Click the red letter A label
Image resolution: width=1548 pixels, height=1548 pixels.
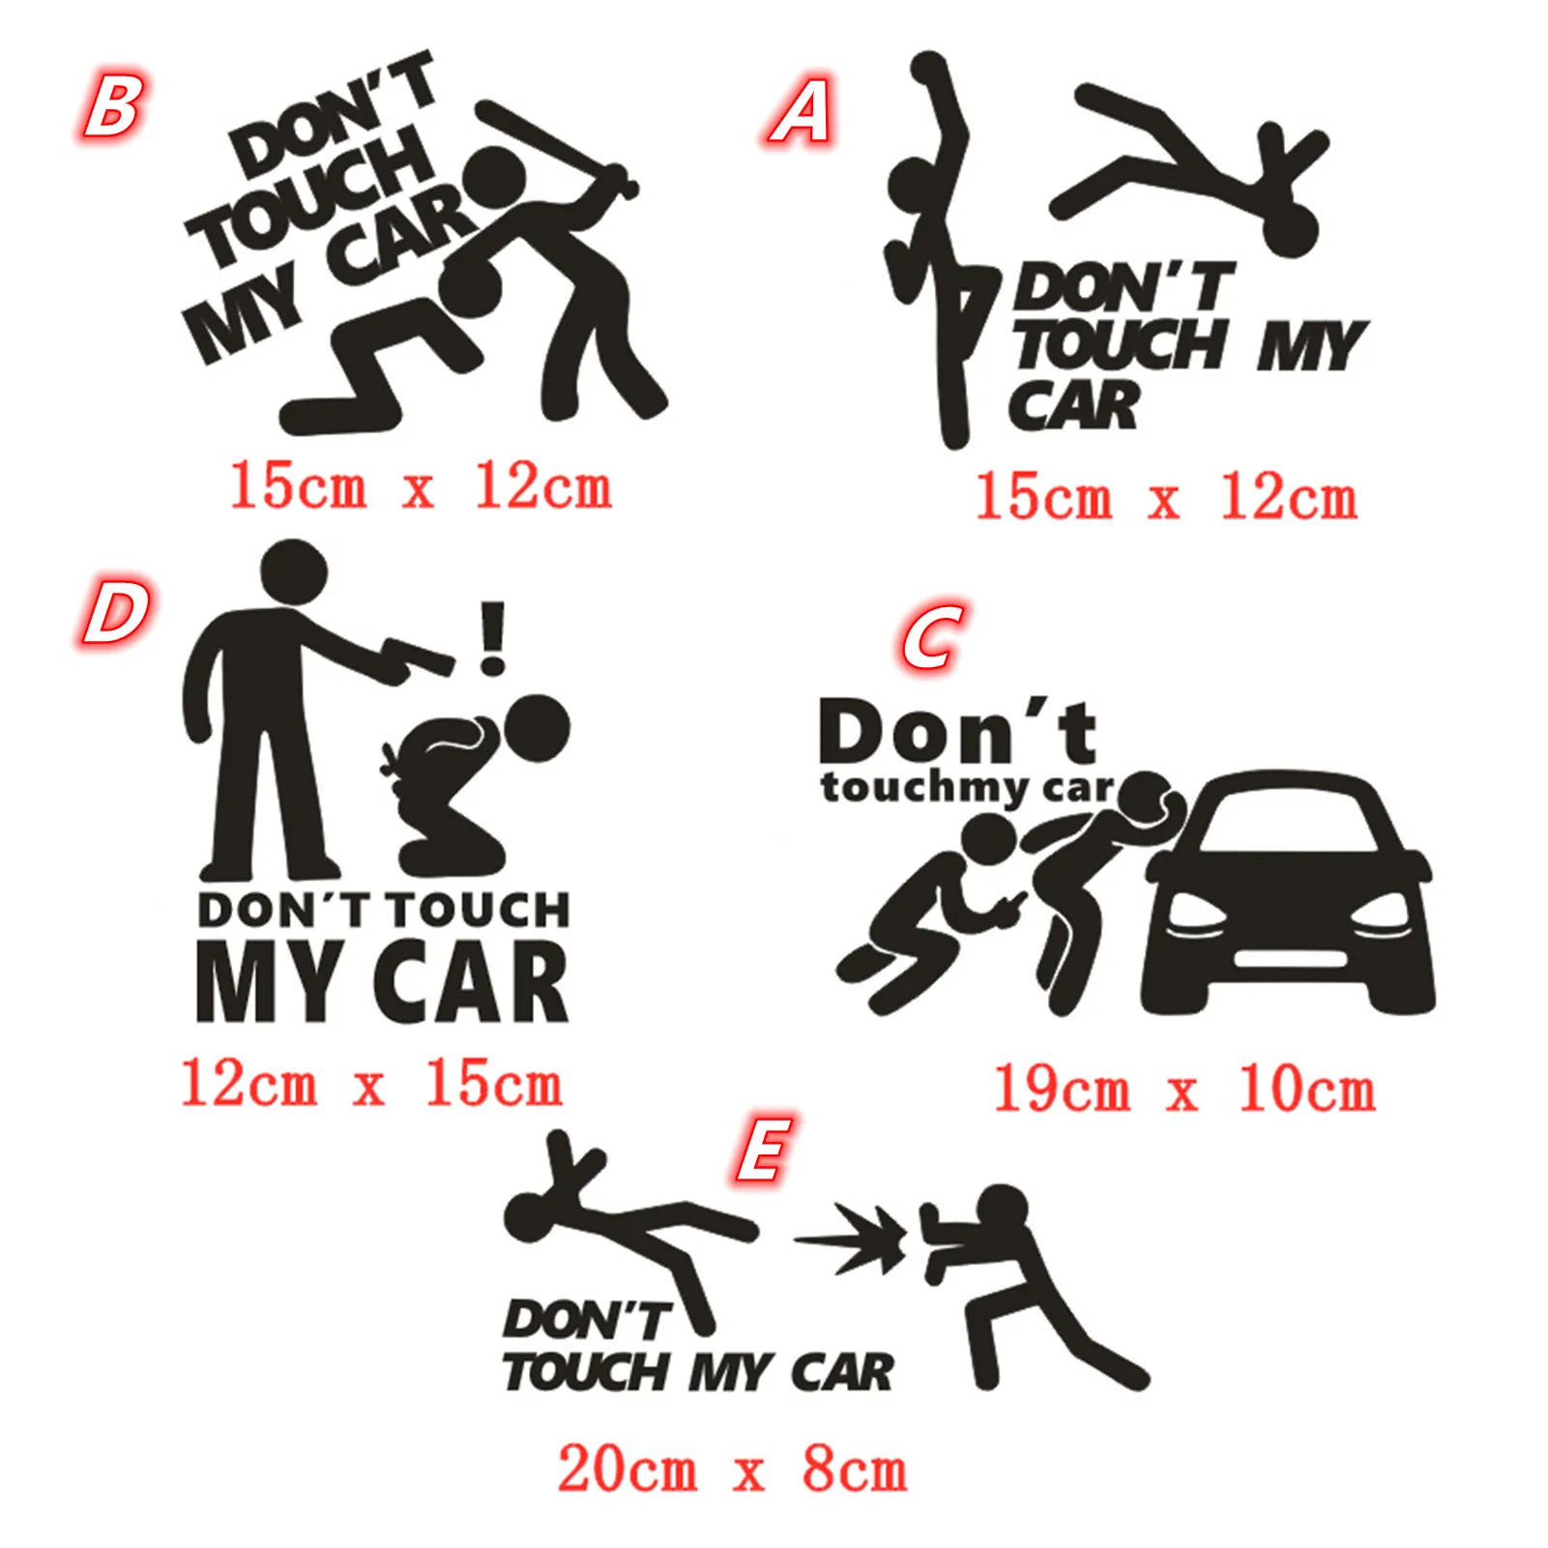(x=801, y=112)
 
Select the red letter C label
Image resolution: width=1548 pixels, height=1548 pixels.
(x=932, y=638)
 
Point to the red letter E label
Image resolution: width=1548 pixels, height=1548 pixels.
(x=765, y=1150)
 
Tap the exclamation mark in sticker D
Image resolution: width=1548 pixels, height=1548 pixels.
(x=493, y=638)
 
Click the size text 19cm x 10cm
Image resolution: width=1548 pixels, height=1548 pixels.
(x=1184, y=1091)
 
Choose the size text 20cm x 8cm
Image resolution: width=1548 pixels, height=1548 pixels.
(x=732, y=1470)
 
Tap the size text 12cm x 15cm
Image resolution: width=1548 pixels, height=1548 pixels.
(x=371, y=1084)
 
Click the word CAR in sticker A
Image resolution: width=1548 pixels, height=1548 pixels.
(x=1073, y=406)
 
